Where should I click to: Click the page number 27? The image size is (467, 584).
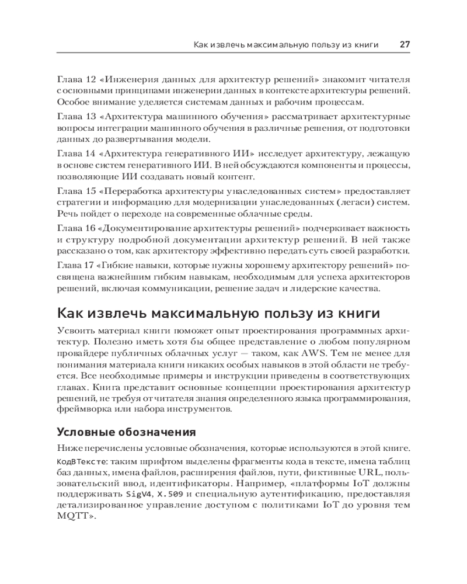[x=405, y=44]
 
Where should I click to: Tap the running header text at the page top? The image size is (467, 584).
[x=285, y=45]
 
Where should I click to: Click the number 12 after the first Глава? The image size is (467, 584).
[x=90, y=79]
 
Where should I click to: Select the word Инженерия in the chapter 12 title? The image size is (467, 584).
[x=130, y=79]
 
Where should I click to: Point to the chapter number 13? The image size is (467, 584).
[x=90, y=116]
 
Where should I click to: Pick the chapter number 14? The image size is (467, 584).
[x=90, y=154]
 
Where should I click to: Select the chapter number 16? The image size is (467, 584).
[x=90, y=229]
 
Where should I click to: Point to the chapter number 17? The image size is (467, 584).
[x=90, y=266]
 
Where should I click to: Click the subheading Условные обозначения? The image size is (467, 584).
[x=126, y=433]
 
